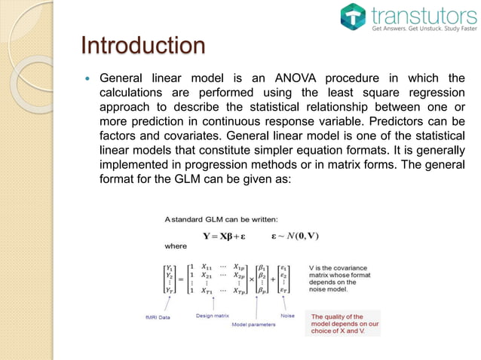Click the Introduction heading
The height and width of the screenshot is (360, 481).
click(x=142, y=45)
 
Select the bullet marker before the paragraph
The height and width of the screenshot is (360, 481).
click(x=87, y=78)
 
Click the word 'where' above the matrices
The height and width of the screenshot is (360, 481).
click(x=176, y=245)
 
